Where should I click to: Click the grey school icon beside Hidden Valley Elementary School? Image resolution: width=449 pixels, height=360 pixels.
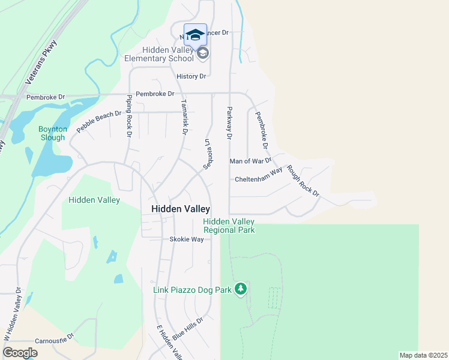203,54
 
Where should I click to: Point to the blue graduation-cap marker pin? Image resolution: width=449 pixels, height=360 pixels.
194,34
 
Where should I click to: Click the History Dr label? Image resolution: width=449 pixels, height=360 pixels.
191,76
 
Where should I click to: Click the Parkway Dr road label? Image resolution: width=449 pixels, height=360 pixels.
229,124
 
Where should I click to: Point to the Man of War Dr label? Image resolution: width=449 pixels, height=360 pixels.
250,161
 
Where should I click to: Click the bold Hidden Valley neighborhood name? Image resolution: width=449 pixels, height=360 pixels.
181,209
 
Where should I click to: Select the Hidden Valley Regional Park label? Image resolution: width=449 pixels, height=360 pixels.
229,226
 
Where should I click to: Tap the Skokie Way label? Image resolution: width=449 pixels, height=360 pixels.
186,239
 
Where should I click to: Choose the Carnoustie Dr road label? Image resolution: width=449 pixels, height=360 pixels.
53,340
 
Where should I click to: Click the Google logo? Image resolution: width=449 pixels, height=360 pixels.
20,353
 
